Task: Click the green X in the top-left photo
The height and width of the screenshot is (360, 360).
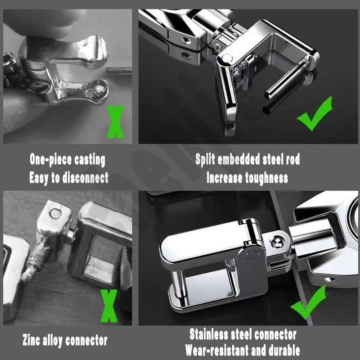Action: (x=115, y=122)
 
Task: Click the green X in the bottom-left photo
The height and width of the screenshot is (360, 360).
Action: (x=109, y=306)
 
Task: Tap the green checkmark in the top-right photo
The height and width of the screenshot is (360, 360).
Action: (x=315, y=114)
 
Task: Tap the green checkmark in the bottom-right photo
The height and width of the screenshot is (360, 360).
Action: (x=308, y=302)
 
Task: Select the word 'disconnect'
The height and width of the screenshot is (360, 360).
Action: (x=85, y=177)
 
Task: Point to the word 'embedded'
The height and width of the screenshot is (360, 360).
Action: (x=239, y=159)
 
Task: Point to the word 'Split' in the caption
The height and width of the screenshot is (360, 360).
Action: (x=205, y=159)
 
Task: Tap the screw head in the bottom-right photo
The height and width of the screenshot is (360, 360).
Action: (x=278, y=243)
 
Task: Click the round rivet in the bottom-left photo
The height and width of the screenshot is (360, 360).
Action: (x=56, y=213)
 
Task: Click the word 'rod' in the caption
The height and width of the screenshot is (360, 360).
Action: (x=293, y=159)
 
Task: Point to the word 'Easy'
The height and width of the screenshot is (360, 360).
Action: (x=39, y=178)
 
